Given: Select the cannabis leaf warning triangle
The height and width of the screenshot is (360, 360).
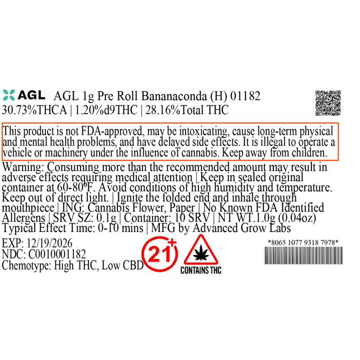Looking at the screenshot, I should pyautogui.click(x=200, y=251).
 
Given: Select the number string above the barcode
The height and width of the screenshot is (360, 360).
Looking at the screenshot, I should pyautogui.click(x=302, y=242).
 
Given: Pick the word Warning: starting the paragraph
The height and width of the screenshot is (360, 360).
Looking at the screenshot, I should pyautogui.click(x=23, y=167).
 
